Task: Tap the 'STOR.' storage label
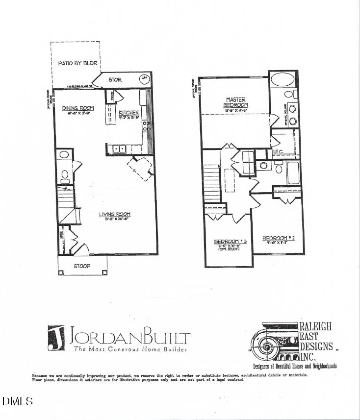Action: coord(115,79)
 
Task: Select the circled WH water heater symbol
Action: coord(144,78)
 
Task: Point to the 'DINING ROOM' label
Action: coord(77,108)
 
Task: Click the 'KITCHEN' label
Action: coord(129,113)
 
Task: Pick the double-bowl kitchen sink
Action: coord(119,148)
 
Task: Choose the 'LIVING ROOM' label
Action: coord(115,214)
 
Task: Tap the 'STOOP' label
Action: coord(82,267)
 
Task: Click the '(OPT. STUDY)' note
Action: coord(229,250)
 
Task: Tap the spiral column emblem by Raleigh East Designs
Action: coord(267,346)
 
